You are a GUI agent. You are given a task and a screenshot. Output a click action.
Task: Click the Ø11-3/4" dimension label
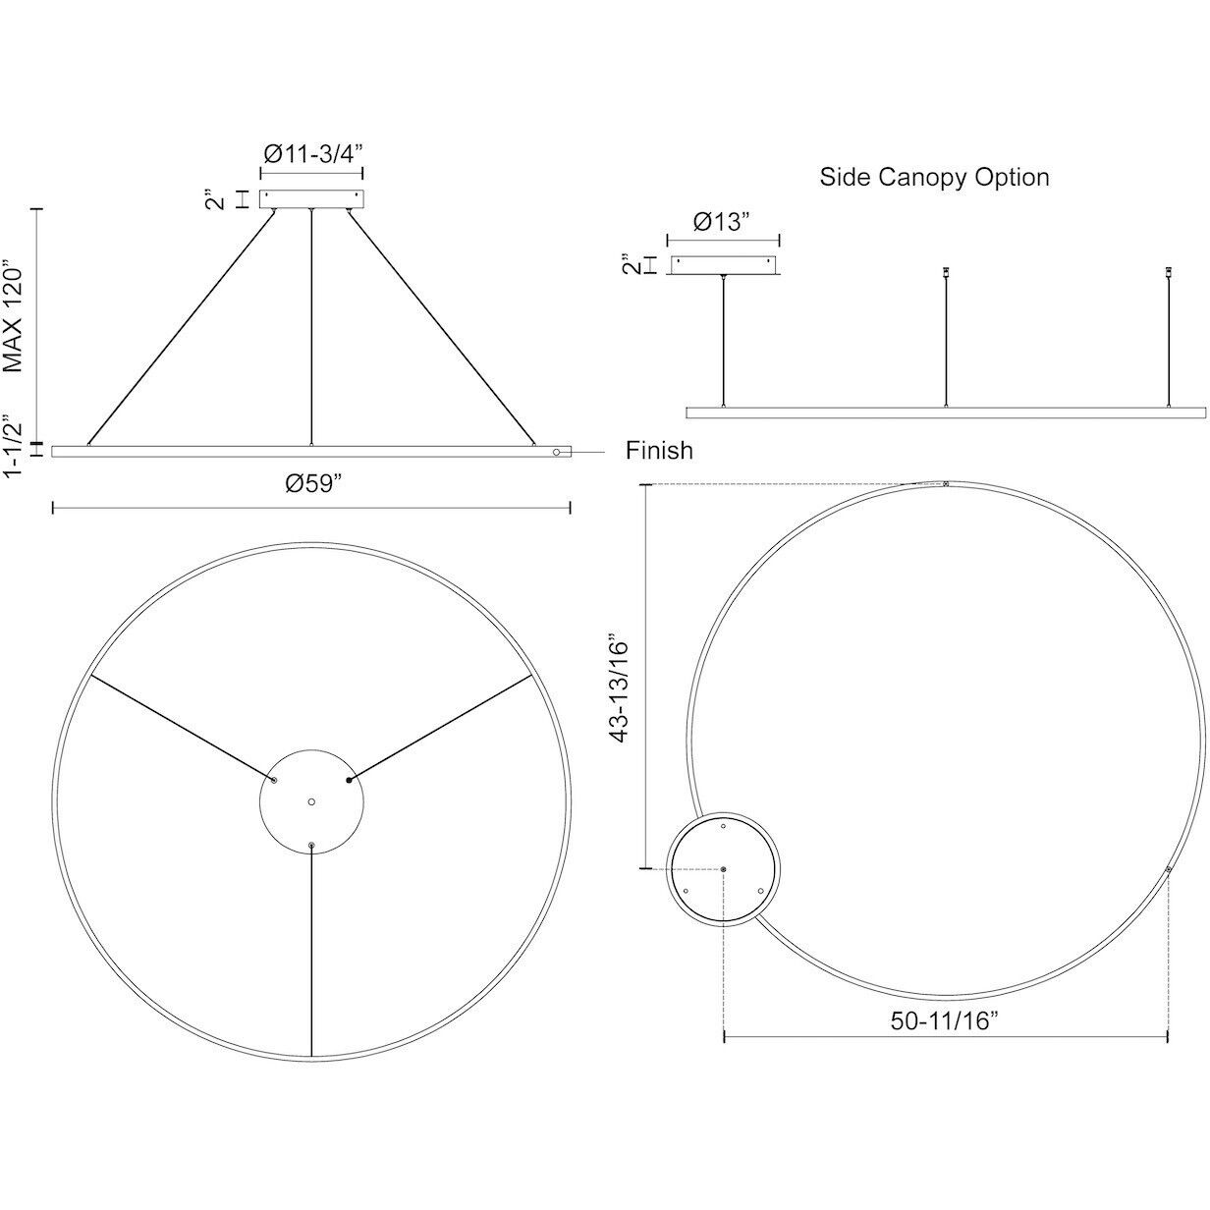(311, 153)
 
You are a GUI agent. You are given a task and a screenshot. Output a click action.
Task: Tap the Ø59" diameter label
(312, 484)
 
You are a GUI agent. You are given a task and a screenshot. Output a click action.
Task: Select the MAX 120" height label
(15, 316)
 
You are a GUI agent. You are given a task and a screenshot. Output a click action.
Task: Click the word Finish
(659, 451)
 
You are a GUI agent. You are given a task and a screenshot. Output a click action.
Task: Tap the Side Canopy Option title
(934, 178)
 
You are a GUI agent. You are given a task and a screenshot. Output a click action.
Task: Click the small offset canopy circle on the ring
(724, 869)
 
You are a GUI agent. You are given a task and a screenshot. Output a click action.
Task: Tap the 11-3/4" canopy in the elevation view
(311, 198)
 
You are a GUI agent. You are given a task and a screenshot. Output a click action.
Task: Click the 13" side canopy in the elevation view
(723, 264)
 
